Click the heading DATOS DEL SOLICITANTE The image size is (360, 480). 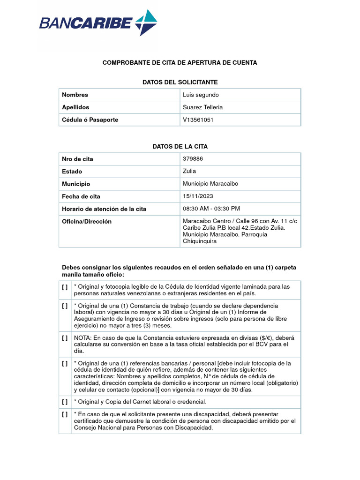(180, 82)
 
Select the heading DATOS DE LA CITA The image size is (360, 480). (180, 147)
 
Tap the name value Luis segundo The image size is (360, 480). (201, 95)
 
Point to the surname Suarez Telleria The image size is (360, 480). (202, 107)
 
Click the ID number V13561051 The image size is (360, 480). (198, 120)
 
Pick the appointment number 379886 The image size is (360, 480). (193, 159)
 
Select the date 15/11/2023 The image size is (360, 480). (198, 196)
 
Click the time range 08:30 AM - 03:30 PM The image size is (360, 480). (211, 209)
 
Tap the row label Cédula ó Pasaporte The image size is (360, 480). (90, 120)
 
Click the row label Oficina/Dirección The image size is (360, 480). (87, 221)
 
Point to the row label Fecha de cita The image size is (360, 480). (81, 196)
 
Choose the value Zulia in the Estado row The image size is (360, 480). (189, 171)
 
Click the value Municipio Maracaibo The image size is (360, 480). (210, 184)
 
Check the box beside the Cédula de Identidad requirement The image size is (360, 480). (65, 287)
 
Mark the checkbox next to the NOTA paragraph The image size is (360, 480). (65, 337)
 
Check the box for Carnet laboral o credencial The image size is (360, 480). (65, 402)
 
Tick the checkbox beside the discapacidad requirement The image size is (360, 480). (65, 414)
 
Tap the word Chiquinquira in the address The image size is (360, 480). (200, 241)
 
